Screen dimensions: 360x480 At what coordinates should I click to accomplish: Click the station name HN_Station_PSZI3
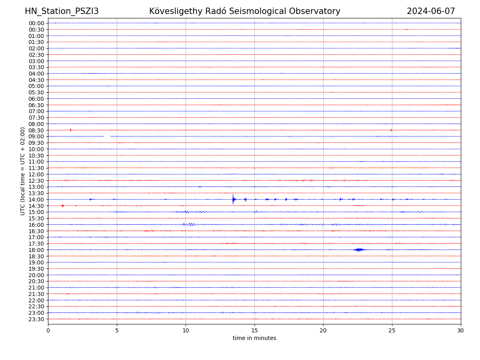point(62,11)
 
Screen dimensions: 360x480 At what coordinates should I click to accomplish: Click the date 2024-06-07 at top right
point(431,11)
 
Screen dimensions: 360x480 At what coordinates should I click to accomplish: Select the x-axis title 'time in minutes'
point(254,338)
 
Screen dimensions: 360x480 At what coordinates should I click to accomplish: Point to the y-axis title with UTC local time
point(23,171)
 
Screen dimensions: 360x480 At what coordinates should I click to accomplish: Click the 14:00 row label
point(36,200)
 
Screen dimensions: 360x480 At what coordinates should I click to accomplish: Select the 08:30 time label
point(36,130)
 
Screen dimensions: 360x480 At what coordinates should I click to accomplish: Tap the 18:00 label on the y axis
point(36,250)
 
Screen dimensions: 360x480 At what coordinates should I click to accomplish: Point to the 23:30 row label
point(36,319)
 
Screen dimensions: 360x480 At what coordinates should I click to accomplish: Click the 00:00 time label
point(36,23)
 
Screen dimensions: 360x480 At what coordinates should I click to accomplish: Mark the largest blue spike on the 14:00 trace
point(233,199)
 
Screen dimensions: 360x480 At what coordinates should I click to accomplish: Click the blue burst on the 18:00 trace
point(359,250)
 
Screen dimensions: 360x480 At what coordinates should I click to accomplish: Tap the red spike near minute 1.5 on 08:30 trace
point(70,130)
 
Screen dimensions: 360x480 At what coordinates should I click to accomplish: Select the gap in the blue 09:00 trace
point(107,136)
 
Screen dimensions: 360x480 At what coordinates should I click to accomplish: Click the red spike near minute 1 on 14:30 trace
point(62,206)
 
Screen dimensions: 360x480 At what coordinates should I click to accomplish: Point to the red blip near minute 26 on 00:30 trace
point(406,29)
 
